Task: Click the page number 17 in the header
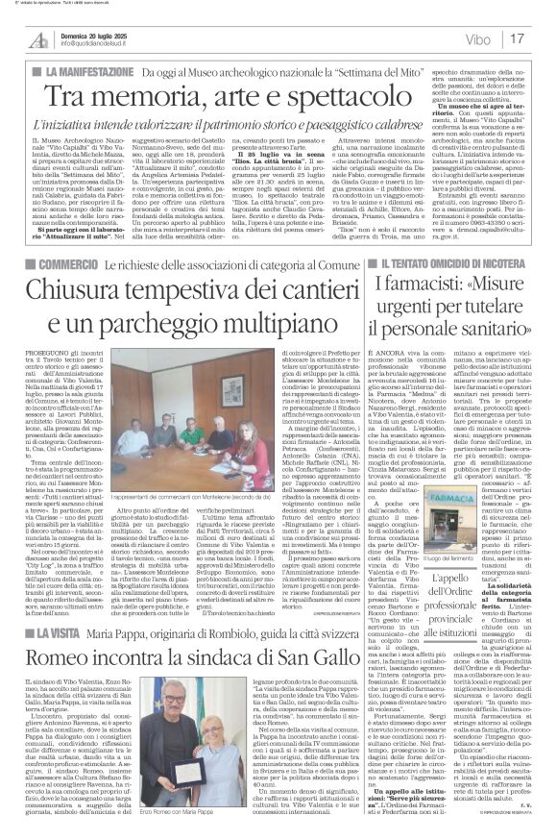pyautogui.click(x=542, y=39)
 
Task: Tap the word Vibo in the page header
pyautogui.click(x=496, y=40)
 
